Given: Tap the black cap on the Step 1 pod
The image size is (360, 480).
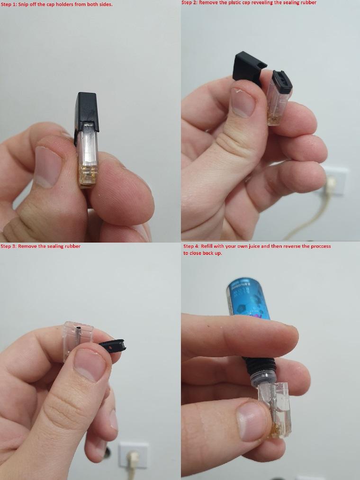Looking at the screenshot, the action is tap(87, 111).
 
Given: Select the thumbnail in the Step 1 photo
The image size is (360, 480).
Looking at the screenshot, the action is tap(47, 166).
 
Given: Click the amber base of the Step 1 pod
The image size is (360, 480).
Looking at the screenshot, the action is tap(88, 175).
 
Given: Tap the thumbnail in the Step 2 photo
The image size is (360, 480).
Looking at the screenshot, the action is tap(243, 102).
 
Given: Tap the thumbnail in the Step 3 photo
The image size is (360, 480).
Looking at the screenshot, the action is tap(90, 364).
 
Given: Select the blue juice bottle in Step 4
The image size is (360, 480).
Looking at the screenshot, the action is tap(249, 299).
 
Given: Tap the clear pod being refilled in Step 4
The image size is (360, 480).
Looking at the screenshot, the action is tap(274, 411).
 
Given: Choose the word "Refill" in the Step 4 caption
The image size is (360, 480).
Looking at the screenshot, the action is tap(207, 246).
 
